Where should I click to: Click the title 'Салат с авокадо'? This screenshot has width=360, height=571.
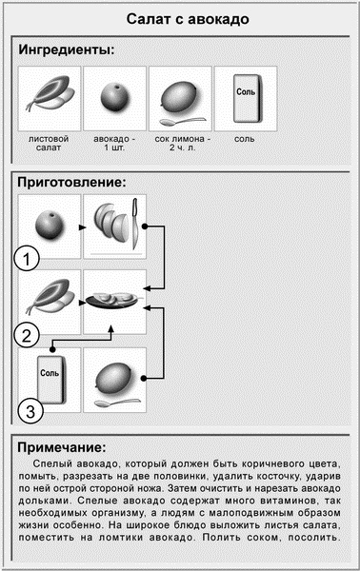[x=180, y=20]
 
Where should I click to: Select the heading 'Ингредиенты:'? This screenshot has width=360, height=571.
[x=68, y=49]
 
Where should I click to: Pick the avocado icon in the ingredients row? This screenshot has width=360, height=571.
[x=114, y=96]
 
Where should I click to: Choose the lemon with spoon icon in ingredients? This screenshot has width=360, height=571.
[x=179, y=99]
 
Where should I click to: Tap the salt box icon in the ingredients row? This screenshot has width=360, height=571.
[x=245, y=96]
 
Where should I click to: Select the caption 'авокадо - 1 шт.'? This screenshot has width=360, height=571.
[x=114, y=144]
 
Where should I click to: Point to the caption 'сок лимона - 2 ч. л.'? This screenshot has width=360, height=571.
[x=179, y=144]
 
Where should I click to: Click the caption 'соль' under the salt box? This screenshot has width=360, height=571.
[x=245, y=139]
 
